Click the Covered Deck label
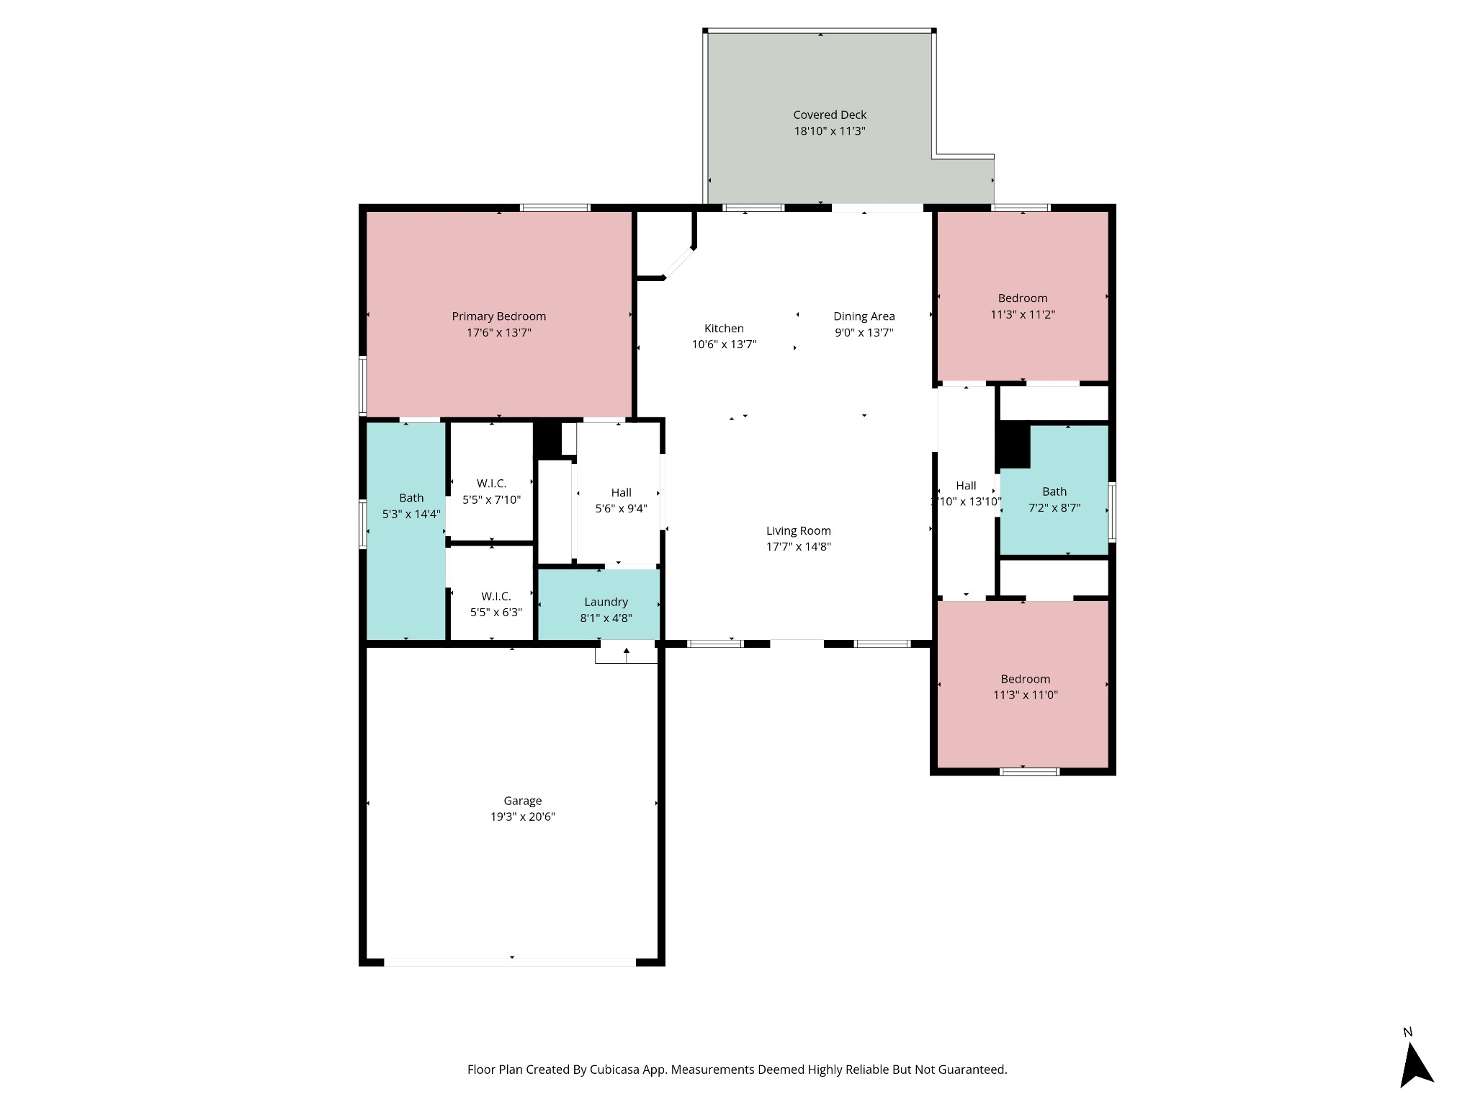coord(830,115)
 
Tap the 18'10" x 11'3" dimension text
coord(830,131)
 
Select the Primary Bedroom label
coord(498,316)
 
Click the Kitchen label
coord(724,328)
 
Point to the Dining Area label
coord(864,316)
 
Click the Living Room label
coord(798,530)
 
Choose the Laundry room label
coord(606,602)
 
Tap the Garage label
coord(522,801)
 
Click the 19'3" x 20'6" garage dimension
coord(522,817)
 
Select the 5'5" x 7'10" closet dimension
coord(491,499)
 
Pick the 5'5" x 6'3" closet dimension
coord(496,613)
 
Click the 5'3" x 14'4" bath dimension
coord(411,514)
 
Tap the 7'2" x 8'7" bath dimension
coord(1054,507)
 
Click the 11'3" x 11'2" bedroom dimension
coord(1023,314)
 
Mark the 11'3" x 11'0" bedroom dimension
coord(1025,695)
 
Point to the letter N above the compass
coord(1408,1032)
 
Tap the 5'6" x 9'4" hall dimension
coord(621,509)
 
